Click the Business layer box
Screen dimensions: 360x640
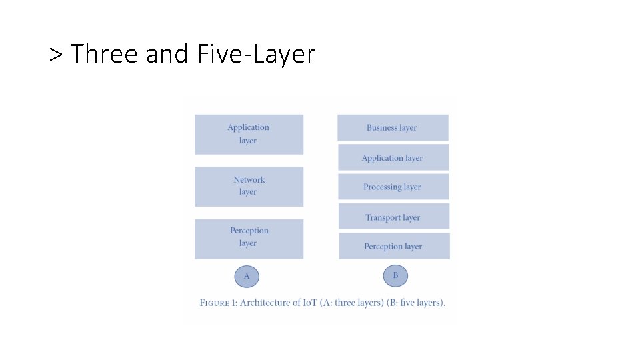(393, 127)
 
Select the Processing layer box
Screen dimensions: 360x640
(393, 187)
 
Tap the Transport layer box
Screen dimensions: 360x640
(393, 217)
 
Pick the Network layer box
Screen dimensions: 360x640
(249, 186)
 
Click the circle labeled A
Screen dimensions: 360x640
(247, 276)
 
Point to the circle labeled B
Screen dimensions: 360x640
(395, 275)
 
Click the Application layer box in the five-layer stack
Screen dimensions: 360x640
(393, 157)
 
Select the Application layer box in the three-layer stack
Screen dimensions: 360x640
(249, 134)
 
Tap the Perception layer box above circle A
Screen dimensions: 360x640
(249, 238)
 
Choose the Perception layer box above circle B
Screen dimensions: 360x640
(394, 246)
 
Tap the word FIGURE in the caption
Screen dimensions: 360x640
(215, 303)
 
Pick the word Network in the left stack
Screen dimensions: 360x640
(249, 179)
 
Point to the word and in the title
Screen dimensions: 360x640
(167, 54)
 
